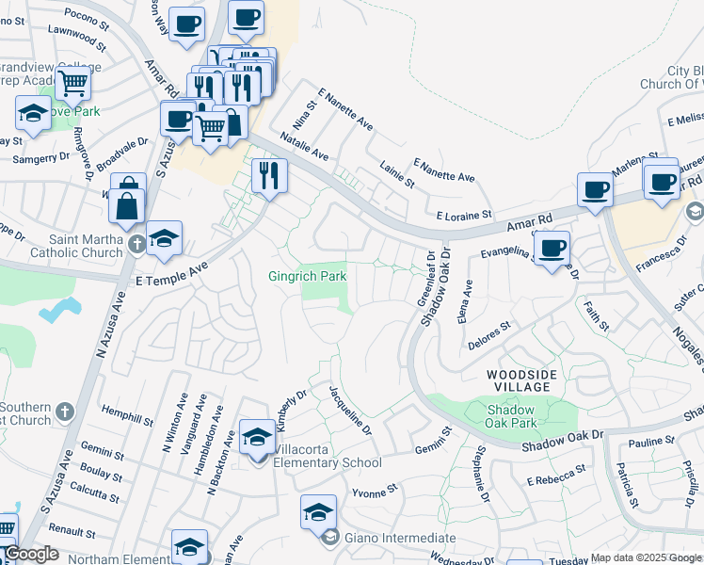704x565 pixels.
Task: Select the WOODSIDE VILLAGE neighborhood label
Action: pos(519,380)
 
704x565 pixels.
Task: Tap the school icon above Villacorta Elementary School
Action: pos(257,438)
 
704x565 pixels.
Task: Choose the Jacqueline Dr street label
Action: pos(350,409)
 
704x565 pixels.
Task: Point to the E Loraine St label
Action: pos(458,215)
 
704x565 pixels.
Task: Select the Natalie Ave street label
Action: pos(303,149)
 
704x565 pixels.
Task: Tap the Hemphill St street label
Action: pos(128,415)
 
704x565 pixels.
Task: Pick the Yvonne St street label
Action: pos(370,491)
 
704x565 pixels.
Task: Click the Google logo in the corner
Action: pos(30,554)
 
